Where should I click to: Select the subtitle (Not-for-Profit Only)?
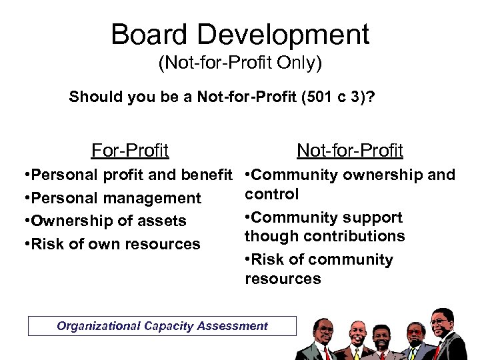[240, 64]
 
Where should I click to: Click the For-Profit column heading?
[130, 151]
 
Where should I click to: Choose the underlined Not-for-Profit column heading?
[349, 151]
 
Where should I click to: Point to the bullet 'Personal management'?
[112, 198]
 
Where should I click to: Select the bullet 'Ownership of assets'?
[105, 221]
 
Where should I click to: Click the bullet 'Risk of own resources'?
[111, 244]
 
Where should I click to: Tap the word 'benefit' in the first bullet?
[211, 175]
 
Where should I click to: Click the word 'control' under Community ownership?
[272, 194]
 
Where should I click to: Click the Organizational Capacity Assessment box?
[162, 326]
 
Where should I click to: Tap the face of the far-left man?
[324, 329]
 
